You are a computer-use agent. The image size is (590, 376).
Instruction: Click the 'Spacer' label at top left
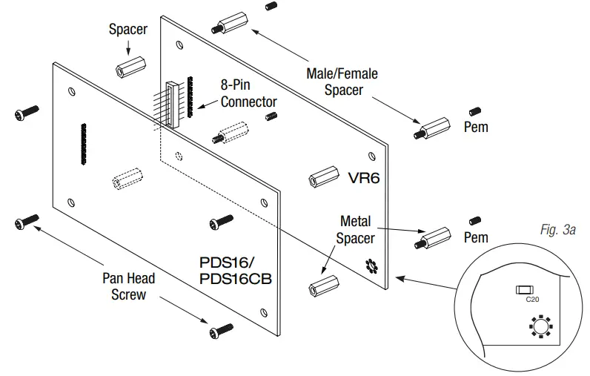coord(128,30)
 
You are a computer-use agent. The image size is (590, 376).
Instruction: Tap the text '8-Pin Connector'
coord(248,93)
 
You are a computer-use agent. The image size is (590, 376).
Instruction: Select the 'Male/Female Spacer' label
coord(342,82)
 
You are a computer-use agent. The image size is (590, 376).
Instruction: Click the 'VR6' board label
coord(365,178)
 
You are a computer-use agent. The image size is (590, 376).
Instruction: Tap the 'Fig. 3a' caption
coord(558,231)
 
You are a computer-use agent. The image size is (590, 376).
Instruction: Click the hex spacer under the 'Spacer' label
coord(129,68)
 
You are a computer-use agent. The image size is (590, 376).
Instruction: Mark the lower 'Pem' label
coord(475,237)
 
